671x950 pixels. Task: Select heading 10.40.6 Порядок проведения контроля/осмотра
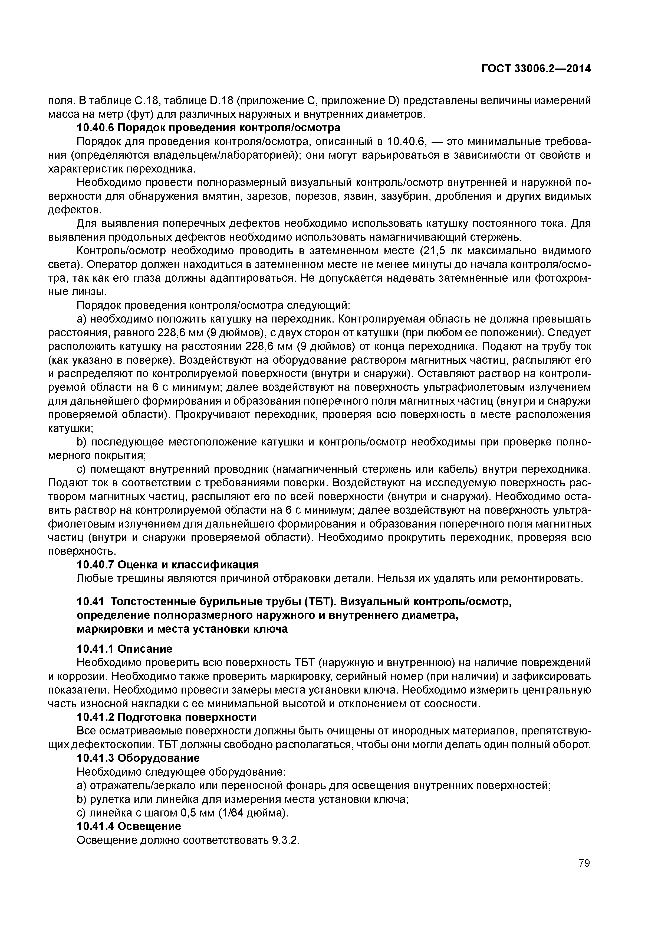coord(209,128)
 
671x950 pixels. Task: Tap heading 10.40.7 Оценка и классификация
coord(168,565)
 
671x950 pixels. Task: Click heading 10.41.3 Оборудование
coord(138,758)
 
